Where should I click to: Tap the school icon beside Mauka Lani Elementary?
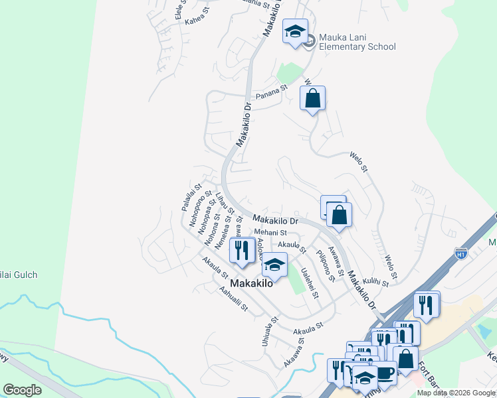[295, 31]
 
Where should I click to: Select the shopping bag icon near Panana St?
[312, 99]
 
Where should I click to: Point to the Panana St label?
[272, 88]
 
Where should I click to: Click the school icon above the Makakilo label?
[274, 265]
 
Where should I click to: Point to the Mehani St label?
[270, 233]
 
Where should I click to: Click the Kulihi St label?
[376, 281]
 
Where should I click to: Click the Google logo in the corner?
[22, 389]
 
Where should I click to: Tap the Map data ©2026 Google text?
[455, 393]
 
